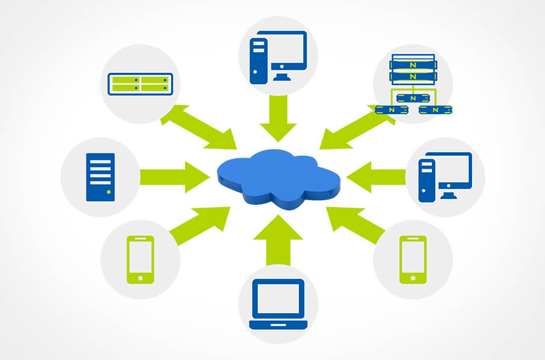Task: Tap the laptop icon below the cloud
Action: click(x=278, y=304)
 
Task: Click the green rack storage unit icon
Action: click(x=140, y=83)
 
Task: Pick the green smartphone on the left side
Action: click(x=140, y=259)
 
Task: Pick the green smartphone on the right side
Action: click(x=413, y=259)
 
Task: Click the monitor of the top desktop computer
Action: click(x=288, y=52)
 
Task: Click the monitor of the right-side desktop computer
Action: click(x=453, y=171)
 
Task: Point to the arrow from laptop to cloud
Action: click(x=278, y=240)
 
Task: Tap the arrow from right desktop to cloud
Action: click(x=377, y=176)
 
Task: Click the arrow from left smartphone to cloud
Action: click(x=202, y=226)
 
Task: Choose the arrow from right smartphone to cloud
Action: click(x=354, y=226)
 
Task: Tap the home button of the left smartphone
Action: click(x=140, y=277)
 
